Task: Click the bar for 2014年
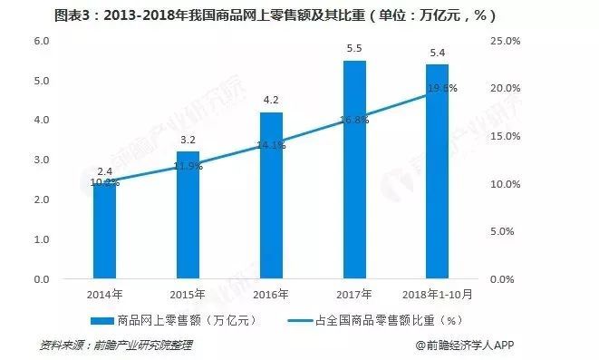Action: pos(104,231)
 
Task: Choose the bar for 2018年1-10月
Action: pos(437,172)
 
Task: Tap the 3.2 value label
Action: pos(188,141)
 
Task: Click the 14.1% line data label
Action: pos(271,144)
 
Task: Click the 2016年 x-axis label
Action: pos(271,294)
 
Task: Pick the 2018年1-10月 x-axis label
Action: pos(438,294)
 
